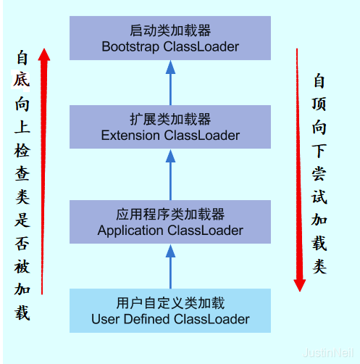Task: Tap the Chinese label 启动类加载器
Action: (170, 32)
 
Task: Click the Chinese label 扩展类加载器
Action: (170, 120)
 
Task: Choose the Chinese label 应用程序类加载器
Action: (170, 215)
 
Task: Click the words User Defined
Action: (132, 319)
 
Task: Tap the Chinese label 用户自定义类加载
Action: (170, 304)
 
